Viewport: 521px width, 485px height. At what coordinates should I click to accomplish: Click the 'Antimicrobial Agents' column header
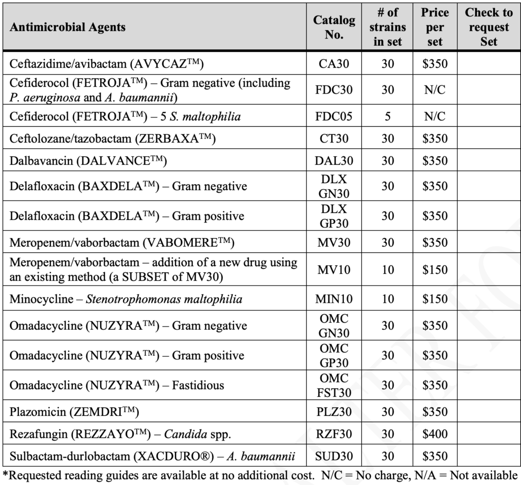68,27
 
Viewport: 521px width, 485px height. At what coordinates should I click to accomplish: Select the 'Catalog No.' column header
334,27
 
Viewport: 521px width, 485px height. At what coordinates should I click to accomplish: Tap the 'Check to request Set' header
488,27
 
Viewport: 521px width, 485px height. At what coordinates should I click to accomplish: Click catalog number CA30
334,64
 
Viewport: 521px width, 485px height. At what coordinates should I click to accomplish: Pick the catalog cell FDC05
334,116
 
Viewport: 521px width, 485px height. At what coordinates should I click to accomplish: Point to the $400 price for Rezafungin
435,434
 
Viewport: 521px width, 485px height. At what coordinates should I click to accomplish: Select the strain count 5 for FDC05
388,116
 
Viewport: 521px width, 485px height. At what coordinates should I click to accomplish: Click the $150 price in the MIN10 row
435,299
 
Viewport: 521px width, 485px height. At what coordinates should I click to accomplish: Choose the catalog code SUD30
334,457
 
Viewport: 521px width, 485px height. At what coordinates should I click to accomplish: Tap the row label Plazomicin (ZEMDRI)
74,412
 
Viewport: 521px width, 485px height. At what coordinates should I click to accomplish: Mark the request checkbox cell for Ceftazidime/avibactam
488,64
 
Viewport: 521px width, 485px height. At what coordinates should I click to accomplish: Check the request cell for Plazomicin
488,412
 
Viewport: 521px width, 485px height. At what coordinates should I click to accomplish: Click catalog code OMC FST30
334,385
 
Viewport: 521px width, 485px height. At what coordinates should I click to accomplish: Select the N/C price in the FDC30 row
435,89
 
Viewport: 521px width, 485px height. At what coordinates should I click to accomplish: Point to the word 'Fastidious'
198,385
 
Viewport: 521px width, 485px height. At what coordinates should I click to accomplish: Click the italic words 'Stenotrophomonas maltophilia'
164,299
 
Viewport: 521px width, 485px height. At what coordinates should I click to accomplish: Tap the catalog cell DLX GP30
334,216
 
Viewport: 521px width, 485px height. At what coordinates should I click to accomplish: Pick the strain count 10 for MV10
388,270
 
